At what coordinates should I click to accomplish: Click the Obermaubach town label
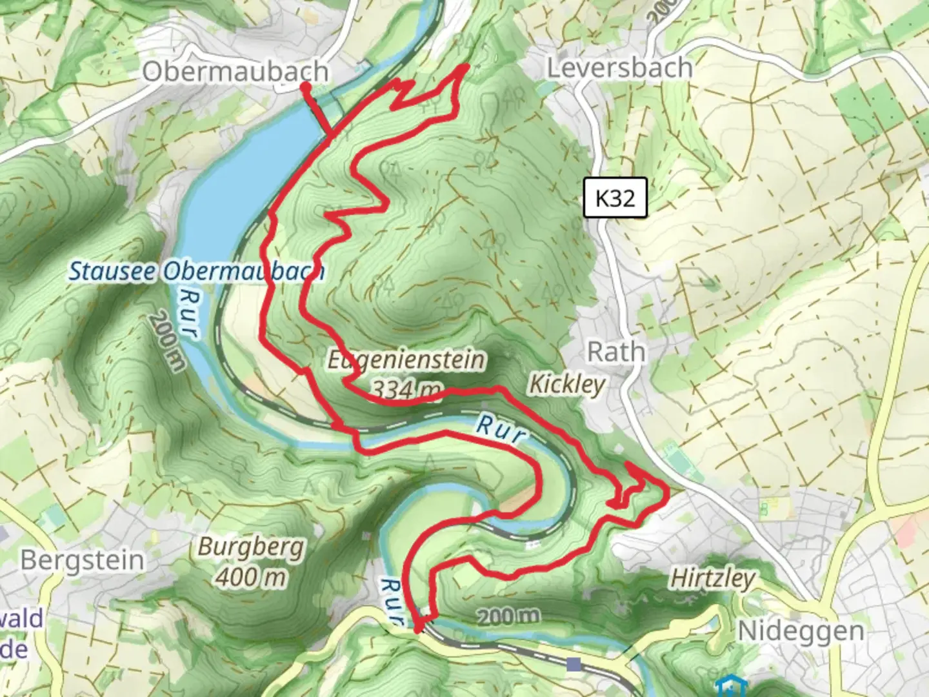[x=235, y=72]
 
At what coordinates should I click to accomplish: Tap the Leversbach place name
[x=620, y=67]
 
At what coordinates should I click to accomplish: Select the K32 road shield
[x=615, y=198]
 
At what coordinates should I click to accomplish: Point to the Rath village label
[x=615, y=352]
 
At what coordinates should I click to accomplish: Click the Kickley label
[x=567, y=384]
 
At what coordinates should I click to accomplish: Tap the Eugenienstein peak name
[x=406, y=359]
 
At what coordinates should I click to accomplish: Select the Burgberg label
[x=250, y=547]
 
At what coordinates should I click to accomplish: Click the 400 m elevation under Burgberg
[x=250, y=576]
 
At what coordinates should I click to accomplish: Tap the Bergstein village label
[x=82, y=560]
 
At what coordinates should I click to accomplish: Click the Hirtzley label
[x=712, y=578]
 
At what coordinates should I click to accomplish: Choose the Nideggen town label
[x=801, y=631]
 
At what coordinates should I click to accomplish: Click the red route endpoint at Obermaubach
[x=305, y=85]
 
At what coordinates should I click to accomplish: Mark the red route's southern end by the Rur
[x=418, y=630]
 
